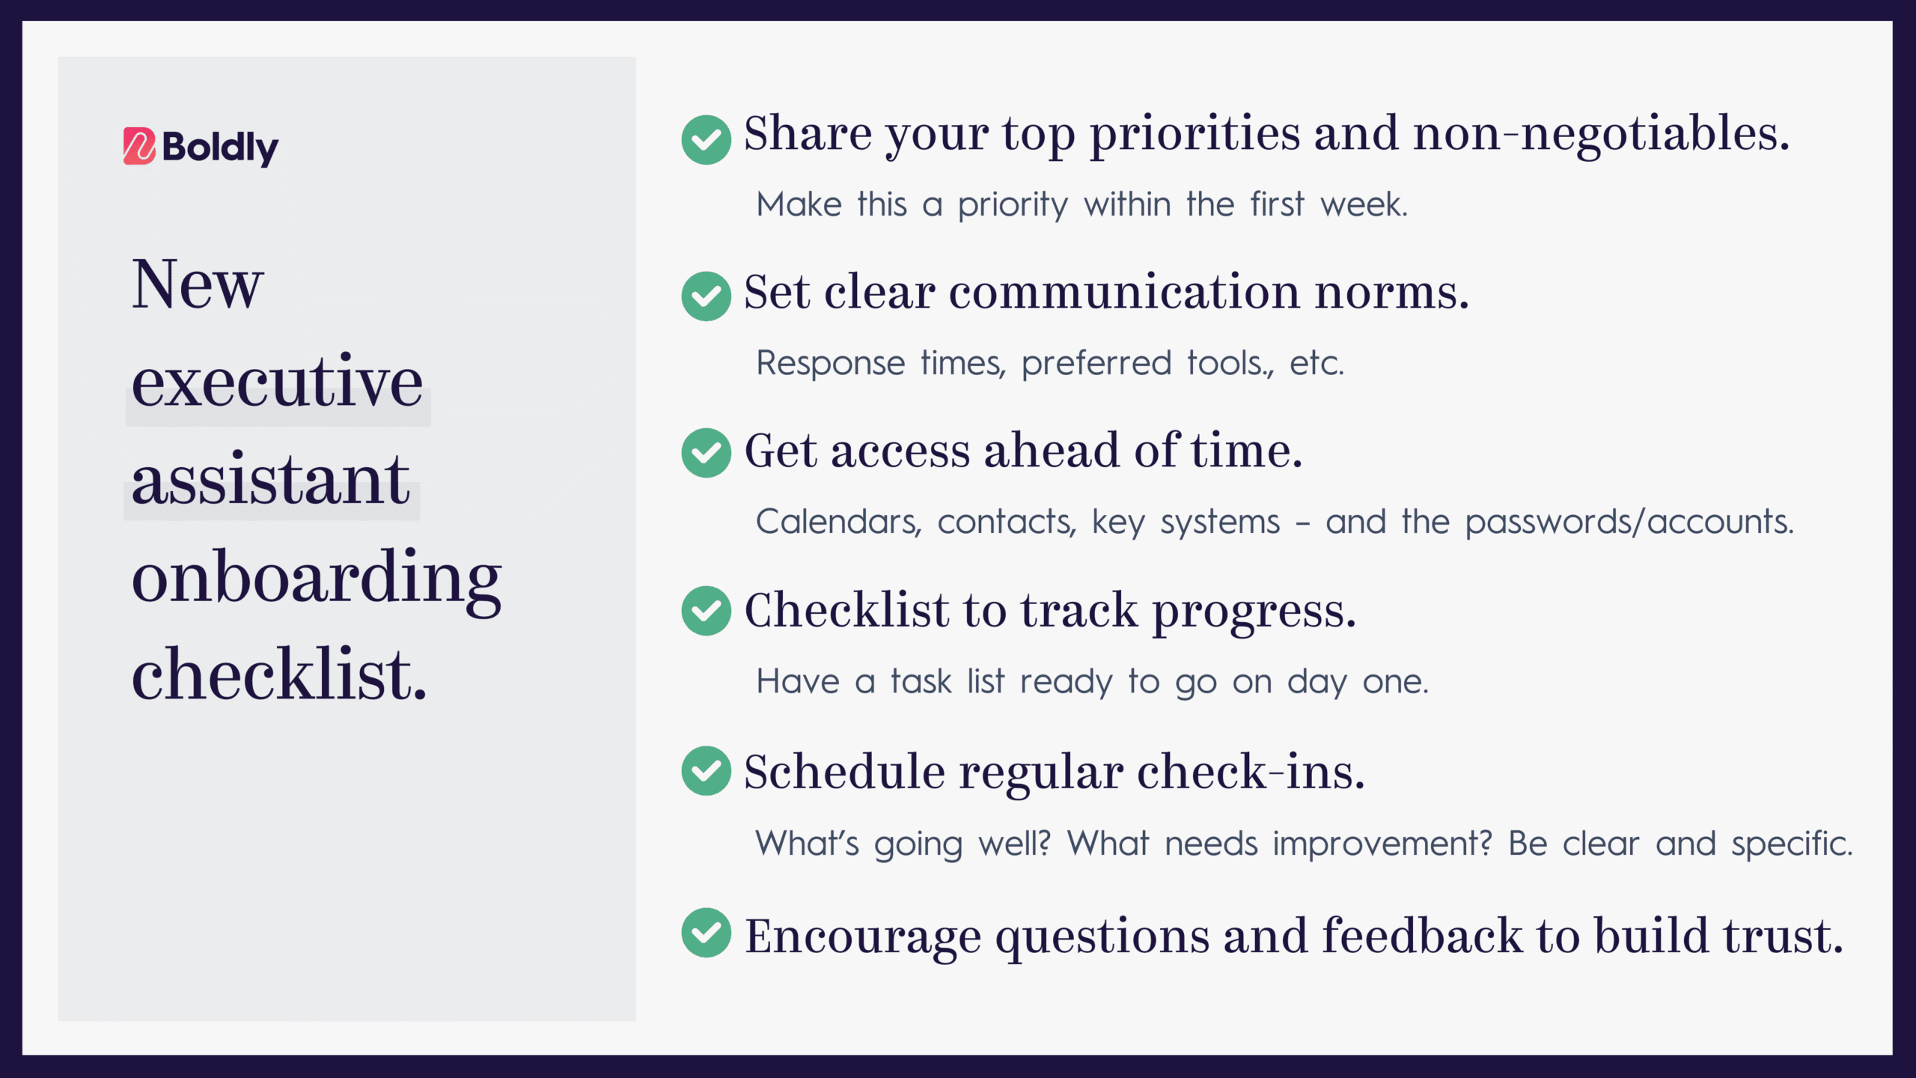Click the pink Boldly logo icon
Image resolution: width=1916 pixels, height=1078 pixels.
coord(139,146)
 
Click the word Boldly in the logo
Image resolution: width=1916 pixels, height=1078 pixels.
coord(220,148)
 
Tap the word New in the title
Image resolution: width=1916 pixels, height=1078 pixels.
coord(198,284)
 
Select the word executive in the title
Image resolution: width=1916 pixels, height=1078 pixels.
coord(277,381)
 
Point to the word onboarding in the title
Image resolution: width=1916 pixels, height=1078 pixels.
coord(317,579)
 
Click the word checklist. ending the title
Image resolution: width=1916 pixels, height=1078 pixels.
coord(279,674)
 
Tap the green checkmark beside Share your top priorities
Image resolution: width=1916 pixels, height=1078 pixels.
coord(706,140)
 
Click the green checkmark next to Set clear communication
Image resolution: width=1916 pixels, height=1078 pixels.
coord(706,296)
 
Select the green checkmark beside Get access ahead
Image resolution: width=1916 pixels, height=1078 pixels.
coord(706,453)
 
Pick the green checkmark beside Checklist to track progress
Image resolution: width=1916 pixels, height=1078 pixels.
coord(706,611)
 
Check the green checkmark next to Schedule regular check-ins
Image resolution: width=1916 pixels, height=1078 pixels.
coord(706,771)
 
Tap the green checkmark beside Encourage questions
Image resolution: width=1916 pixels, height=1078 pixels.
coord(706,933)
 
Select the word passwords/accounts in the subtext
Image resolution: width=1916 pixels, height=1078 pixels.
coord(1629,522)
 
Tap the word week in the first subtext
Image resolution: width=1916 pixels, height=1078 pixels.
coord(1364,204)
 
